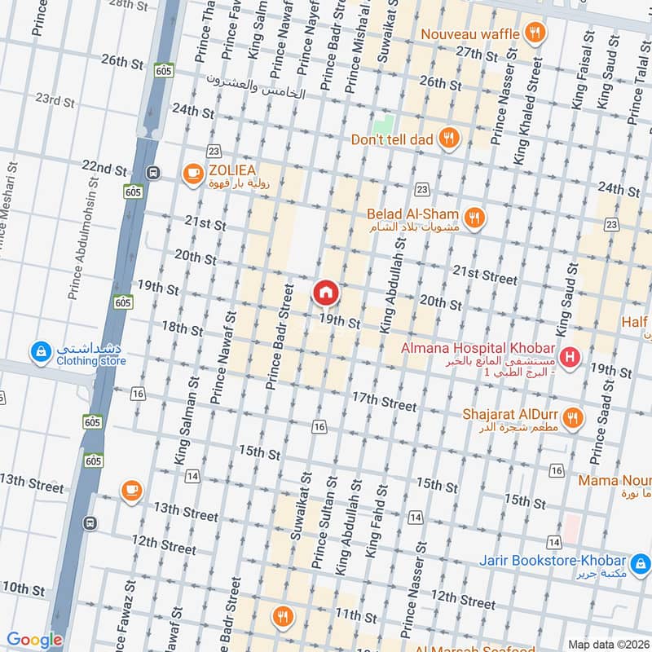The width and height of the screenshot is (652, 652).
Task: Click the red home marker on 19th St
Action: [x=325, y=292]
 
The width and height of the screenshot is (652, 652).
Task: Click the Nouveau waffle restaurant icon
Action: [x=535, y=33]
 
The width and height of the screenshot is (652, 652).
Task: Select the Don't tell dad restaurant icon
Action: [x=447, y=139]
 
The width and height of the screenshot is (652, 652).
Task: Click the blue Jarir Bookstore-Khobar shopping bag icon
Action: [x=641, y=562]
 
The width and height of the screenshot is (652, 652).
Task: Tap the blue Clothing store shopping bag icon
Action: [x=39, y=352]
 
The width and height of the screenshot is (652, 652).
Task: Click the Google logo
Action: [x=35, y=641]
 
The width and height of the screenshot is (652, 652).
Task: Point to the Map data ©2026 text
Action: [x=608, y=644]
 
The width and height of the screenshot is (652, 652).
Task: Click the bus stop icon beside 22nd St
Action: [x=152, y=173]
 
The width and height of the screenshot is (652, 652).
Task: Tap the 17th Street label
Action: [x=384, y=400]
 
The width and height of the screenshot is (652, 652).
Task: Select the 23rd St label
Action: [x=55, y=101]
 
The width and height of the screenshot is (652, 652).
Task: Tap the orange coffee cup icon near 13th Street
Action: [x=130, y=490]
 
